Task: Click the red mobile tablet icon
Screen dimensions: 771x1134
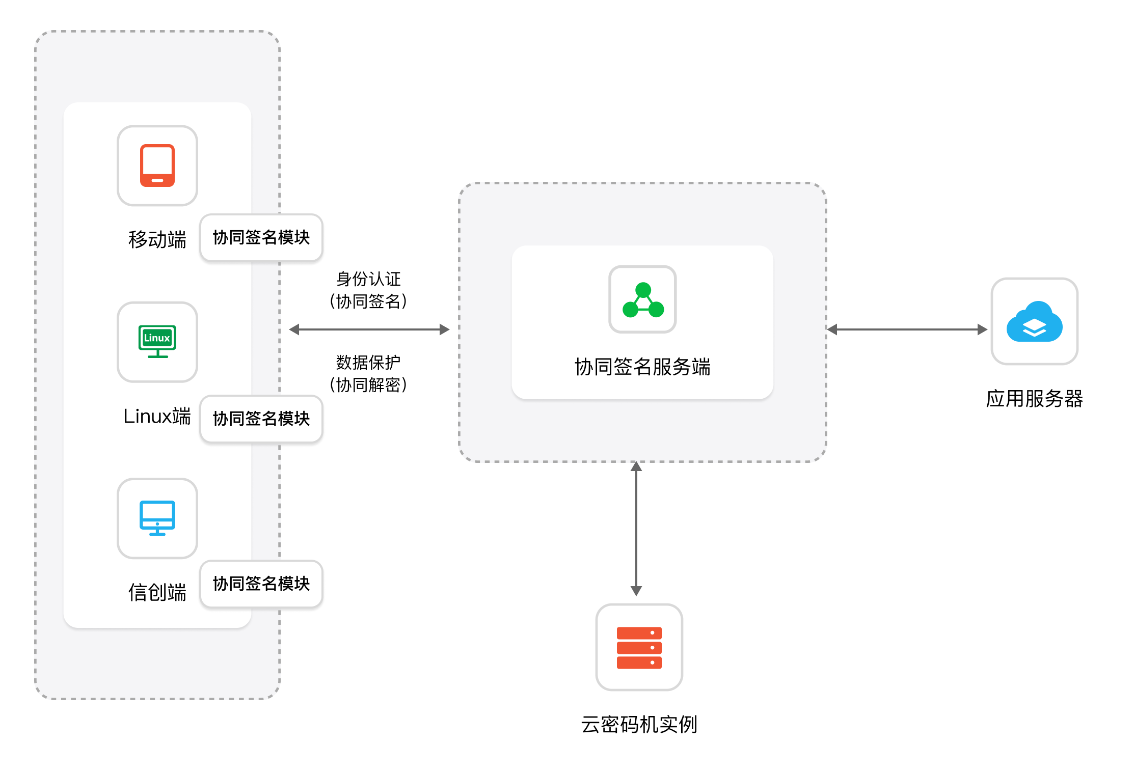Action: pyautogui.click(x=157, y=166)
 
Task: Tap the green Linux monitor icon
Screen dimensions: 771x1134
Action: pyautogui.click(x=157, y=341)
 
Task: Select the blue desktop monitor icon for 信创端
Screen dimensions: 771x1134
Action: pyautogui.click(x=157, y=518)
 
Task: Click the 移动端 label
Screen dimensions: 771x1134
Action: pyautogui.click(x=157, y=239)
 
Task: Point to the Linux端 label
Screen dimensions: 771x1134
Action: pyautogui.click(x=157, y=416)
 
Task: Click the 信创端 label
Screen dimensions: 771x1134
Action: pyautogui.click(x=157, y=592)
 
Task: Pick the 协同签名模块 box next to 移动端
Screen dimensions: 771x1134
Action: pyautogui.click(x=261, y=237)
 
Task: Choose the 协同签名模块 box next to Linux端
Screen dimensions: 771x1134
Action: pyautogui.click(x=261, y=419)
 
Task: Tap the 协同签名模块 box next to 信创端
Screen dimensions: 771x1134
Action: pyautogui.click(x=261, y=584)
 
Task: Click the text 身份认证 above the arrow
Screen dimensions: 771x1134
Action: pyautogui.click(x=368, y=279)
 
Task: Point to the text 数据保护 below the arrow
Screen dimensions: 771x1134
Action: pyautogui.click(x=368, y=363)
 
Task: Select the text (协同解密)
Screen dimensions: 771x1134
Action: pyautogui.click(x=368, y=385)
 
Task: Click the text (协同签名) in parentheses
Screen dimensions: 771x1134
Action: pyautogui.click(x=368, y=301)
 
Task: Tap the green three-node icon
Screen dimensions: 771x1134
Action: pyautogui.click(x=643, y=299)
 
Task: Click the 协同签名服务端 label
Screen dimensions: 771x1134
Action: pyautogui.click(x=642, y=367)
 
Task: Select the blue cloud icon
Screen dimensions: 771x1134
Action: pyautogui.click(x=1034, y=321)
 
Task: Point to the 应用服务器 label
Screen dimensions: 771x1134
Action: pyautogui.click(x=1034, y=398)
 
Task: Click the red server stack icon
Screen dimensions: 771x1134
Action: pyautogui.click(x=639, y=647)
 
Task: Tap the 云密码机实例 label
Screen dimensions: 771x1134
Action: pyautogui.click(x=639, y=724)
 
